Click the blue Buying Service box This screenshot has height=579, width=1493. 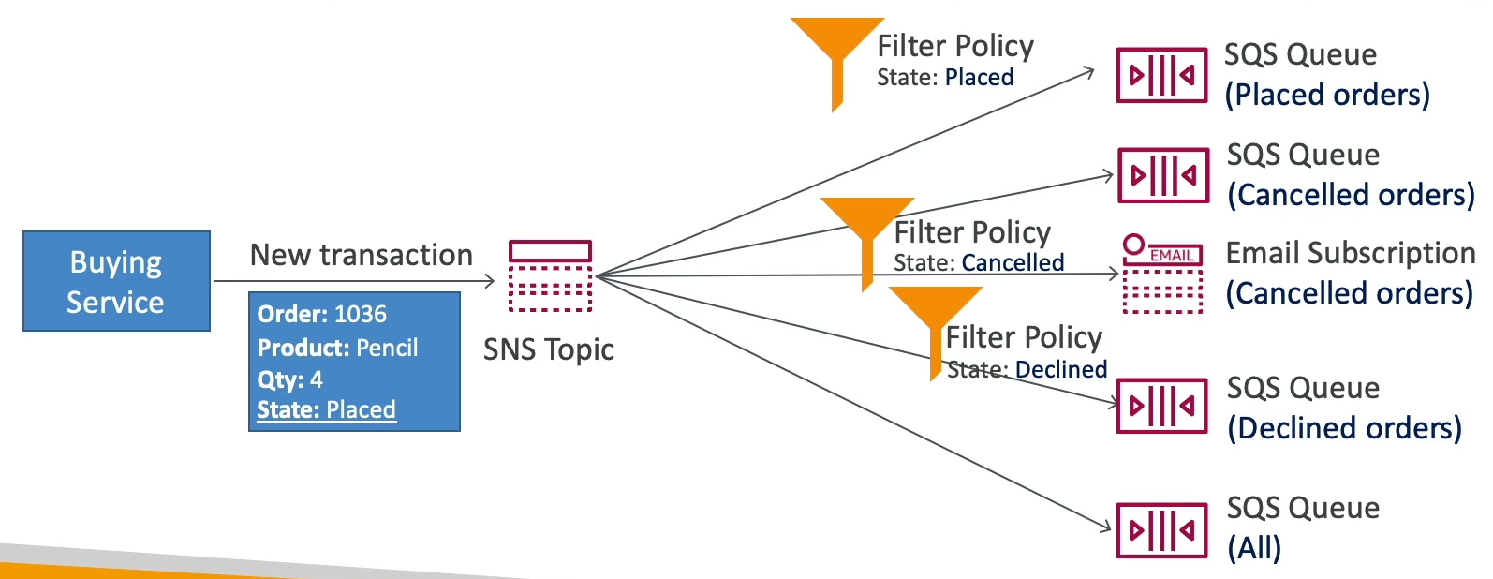(x=116, y=281)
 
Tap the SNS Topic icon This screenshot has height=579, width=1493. (x=550, y=275)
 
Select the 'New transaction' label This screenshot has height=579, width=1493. (x=361, y=255)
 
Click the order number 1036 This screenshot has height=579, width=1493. (x=361, y=314)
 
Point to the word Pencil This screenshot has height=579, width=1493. (x=388, y=348)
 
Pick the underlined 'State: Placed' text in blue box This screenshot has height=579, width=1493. (x=326, y=409)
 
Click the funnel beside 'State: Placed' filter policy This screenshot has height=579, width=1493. (x=836, y=52)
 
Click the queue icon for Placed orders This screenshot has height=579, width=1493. (x=1161, y=75)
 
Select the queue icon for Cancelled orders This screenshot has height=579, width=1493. (x=1163, y=175)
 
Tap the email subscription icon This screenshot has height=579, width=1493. (x=1162, y=274)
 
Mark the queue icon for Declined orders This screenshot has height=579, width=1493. (x=1162, y=406)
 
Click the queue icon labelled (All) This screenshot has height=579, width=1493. (x=1161, y=530)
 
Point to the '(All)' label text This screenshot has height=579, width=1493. (x=1254, y=548)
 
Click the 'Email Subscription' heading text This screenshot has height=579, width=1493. (x=1350, y=253)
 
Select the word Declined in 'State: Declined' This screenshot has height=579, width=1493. (x=1061, y=370)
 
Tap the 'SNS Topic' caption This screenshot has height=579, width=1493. (x=549, y=349)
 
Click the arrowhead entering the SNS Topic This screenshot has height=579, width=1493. (x=489, y=280)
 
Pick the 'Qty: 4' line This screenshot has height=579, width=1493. (x=290, y=379)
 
